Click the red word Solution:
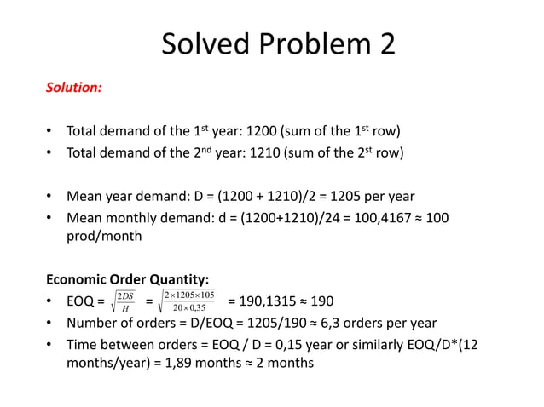click(73, 88)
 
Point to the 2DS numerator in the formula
click(126, 295)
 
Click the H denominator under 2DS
click(126, 307)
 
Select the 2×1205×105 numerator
click(189, 295)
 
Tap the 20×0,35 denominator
click(189, 307)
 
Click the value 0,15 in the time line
click(298, 343)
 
